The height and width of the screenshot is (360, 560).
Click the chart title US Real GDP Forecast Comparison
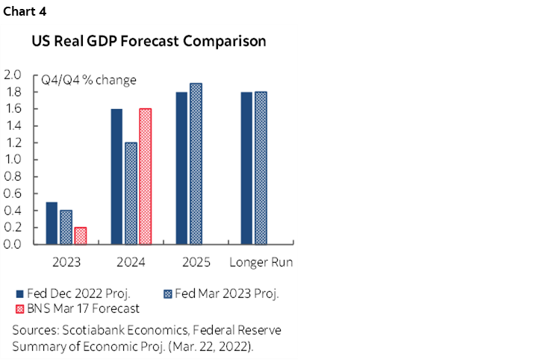[149, 42]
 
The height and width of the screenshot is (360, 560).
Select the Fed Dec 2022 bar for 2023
[52, 223]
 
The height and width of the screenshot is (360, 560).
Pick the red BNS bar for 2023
[81, 235]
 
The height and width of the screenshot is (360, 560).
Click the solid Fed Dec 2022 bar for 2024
[116, 176]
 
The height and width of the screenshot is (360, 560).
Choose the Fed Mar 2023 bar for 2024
[131, 193]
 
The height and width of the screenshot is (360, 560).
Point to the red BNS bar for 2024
[145, 176]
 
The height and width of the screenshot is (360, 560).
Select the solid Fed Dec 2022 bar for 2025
[181, 168]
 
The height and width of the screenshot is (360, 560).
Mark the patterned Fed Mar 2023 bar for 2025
[196, 164]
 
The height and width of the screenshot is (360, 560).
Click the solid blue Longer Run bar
[246, 168]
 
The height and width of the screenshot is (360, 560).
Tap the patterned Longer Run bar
[261, 168]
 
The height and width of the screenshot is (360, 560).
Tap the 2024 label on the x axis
[131, 262]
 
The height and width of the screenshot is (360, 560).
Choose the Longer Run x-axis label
[261, 262]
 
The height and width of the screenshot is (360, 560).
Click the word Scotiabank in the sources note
[96, 330]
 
